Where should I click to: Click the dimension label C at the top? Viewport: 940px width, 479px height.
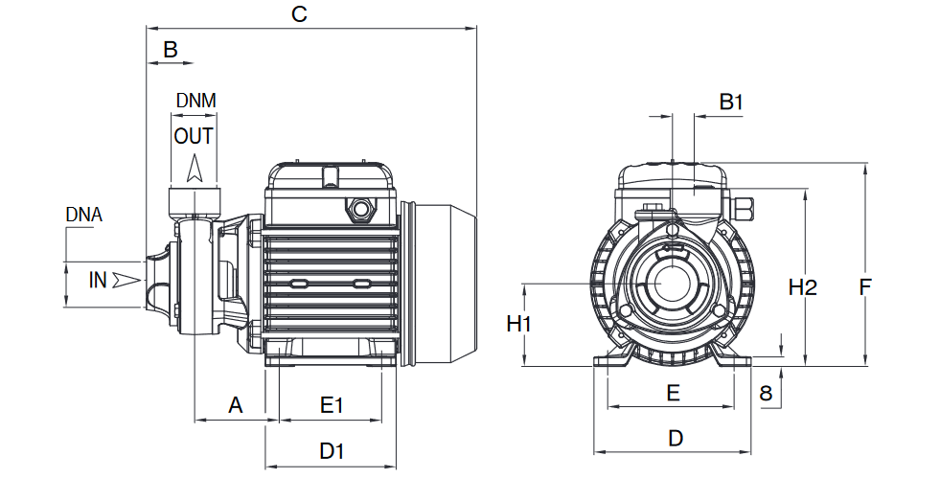[299, 13]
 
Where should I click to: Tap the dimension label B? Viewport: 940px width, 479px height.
[171, 49]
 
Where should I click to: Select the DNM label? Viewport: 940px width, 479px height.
[196, 101]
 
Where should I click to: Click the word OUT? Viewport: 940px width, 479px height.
[193, 136]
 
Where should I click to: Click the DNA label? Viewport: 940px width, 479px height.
[84, 215]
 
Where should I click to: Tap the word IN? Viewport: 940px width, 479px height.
[98, 280]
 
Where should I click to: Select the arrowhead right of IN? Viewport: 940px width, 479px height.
[126, 280]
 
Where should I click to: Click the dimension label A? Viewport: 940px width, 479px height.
[236, 405]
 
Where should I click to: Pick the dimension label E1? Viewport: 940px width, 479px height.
[331, 405]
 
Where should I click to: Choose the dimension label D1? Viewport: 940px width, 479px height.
[332, 451]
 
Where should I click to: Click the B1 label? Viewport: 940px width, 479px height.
[731, 102]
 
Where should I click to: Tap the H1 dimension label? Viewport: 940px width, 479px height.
[519, 325]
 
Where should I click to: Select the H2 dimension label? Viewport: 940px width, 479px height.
[803, 287]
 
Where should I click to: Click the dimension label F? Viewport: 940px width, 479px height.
[864, 287]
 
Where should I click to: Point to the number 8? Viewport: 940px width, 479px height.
[766, 394]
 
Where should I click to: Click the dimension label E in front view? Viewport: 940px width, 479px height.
[674, 394]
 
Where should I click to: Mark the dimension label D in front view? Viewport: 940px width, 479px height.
[676, 438]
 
